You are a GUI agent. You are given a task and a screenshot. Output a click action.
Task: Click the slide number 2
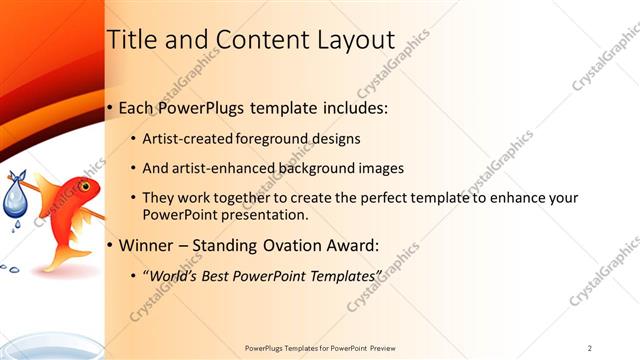pyautogui.click(x=589, y=347)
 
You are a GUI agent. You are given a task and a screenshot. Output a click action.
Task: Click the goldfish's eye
pyautogui.click(x=86, y=187)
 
